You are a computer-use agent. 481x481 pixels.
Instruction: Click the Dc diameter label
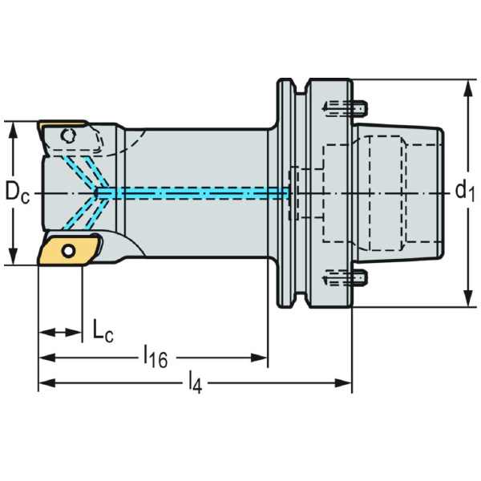tap(17, 192)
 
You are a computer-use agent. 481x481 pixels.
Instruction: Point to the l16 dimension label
tap(155, 357)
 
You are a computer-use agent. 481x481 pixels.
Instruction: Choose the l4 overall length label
tap(195, 384)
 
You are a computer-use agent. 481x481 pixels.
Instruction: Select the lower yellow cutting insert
tap(67, 249)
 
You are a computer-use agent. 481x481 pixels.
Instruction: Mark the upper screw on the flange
tap(345, 105)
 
